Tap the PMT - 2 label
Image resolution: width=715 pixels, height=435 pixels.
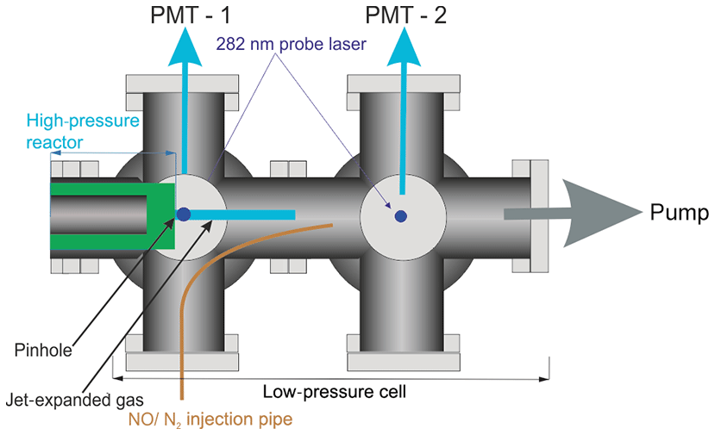405,16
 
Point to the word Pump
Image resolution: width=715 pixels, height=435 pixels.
680,213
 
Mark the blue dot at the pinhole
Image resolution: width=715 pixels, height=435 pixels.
183,214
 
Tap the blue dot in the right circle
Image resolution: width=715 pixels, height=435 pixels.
400,216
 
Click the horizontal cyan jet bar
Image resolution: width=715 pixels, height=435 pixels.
242,214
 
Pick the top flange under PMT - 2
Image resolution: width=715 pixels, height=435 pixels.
402,84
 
